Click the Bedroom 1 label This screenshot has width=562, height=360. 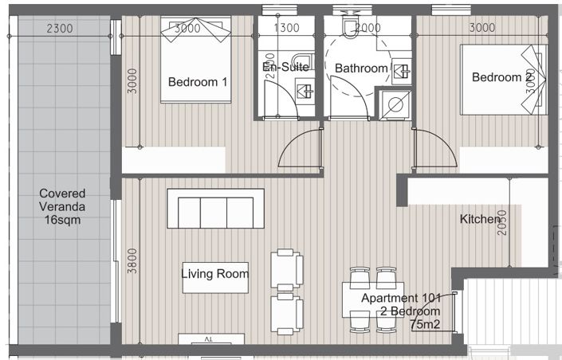coord(198,81)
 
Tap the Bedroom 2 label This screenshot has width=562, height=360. coord(501,77)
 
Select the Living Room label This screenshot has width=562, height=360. coord(214,274)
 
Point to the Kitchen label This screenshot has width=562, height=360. coord(480,219)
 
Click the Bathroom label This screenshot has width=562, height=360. coord(360,68)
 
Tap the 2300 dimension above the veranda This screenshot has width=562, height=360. coord(60,28)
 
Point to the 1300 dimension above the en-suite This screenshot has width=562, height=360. coord(286,28)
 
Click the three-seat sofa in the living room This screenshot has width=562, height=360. coord(215,209)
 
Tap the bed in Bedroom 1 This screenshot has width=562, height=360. coord(196,60)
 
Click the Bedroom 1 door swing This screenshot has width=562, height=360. coord(301,150)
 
